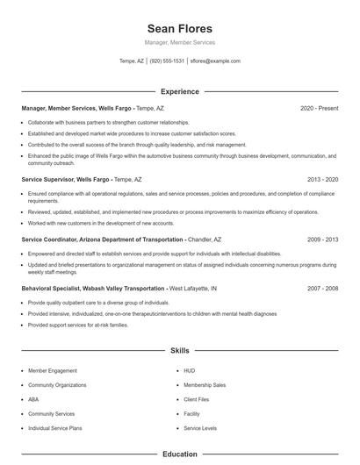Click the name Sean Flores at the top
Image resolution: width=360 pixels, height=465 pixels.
pos(179,27)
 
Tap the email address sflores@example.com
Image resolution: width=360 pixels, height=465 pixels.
pos(216,61)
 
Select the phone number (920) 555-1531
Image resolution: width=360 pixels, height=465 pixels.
pos(167,61)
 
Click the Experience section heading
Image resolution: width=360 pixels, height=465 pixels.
pos(179,91)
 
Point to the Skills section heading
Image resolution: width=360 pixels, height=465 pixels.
pos(179,351)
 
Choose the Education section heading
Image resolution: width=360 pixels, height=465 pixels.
pos(179,454)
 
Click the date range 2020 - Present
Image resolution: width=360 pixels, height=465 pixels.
pos(319,108)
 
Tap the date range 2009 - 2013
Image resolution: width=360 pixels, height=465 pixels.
pos(323,239)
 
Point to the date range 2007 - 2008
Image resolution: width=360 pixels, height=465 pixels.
pos(323,288)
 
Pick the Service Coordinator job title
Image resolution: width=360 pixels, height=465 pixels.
pos(102,239)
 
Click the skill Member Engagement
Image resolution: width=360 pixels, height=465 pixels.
pos(53,371)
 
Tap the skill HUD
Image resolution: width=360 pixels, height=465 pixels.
pos(190,371)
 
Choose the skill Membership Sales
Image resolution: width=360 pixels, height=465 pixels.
pos(204,385)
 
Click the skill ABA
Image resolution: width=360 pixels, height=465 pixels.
pos(34,399)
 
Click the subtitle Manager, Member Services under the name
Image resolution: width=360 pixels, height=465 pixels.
pos(179,42)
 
